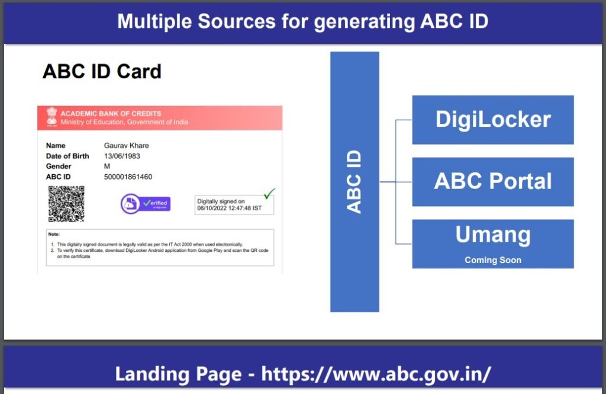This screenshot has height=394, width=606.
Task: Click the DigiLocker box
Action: click(x=492, y=120)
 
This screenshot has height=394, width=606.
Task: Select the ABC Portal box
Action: click(x=492, y=181)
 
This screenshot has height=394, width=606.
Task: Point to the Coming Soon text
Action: click(x=492, y=260)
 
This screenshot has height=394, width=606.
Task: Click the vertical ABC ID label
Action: click(x=354, y=182)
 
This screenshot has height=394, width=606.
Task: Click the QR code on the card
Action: click(x=66, y=203)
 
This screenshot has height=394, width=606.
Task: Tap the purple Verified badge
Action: click(x=146, y=203)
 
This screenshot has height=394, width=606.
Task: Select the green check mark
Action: click(x=269, y=193)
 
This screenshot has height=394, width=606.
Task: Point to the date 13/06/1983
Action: click(x=122, y=156)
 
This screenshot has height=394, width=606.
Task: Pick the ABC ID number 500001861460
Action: click(x=128, y=177)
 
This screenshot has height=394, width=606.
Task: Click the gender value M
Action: click(x=107, y=166)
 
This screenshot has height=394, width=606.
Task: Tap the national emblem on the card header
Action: click(x=52, y=117)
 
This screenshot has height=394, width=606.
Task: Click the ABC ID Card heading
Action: click(x=102, y=72)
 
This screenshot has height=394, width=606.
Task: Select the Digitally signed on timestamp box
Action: click(x=234, y=204)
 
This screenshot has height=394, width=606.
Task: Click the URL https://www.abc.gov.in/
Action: click(x=376, y=374)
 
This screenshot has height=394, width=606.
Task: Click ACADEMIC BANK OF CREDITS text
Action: click(x=111, y=113)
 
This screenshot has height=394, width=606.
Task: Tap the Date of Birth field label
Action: click(x=67, y=156)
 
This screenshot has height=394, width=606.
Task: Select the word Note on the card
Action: click(x=54, y=235)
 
